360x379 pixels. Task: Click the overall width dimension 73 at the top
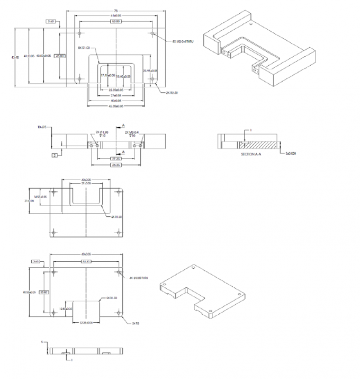click(116, 11)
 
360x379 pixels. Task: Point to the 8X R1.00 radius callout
click(84, 48)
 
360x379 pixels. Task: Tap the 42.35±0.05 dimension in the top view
click(116, 106)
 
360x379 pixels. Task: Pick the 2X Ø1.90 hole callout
click(102, 133)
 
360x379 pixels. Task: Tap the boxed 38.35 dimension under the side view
click(115, 164)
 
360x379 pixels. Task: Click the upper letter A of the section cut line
click(124, 125)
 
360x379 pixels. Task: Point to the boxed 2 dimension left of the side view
click(54, 155)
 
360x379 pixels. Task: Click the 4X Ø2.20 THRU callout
click(140, 278)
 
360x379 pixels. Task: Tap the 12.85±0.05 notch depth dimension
click(65, 309)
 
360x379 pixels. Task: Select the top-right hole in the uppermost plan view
click(152, 34)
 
